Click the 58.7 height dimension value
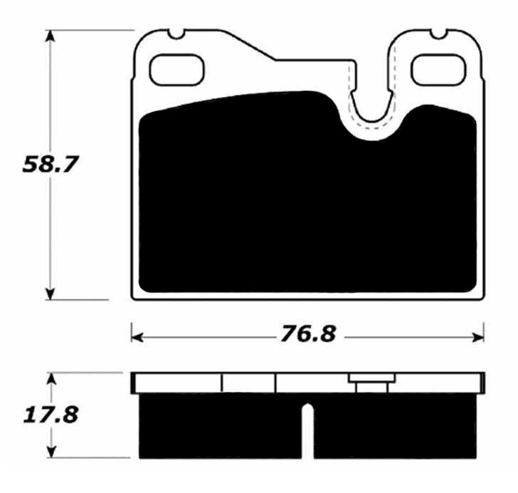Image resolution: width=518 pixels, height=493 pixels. [x=49, y=165]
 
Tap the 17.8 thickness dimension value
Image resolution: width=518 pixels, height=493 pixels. [x=49, y=415]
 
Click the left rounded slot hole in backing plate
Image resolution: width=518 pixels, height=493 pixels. [x=176, y=68]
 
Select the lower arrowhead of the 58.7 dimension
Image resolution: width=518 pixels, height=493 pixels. [x=50, y=293]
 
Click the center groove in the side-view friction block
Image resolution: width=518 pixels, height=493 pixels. [x=307, y=431]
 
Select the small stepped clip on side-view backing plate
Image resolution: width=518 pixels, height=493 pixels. [x=368, y=383]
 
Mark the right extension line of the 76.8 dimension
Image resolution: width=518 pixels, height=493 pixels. [x=484, y=331]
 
